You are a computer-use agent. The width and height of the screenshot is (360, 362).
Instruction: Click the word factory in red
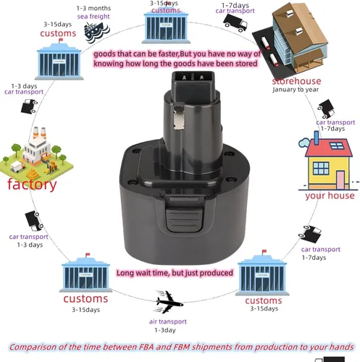[x=32, y=185]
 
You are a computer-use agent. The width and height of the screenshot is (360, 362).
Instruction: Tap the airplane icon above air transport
[x=169, y=302]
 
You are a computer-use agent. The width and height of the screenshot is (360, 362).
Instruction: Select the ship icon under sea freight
[x=96, y=32]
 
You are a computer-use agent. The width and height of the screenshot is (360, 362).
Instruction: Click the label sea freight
[x=93, y=17]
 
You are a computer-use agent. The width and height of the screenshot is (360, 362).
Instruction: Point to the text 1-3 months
[x=93, y=8]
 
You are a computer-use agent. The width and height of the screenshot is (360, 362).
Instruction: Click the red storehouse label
[x=296, y=81]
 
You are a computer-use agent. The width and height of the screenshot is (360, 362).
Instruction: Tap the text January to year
[x=296, y=90]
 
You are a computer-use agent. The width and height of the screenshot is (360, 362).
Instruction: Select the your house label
[x=330, y=195]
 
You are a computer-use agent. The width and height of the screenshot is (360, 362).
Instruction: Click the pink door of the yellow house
[x=340, y=180]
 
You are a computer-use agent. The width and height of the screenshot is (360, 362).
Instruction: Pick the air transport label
[x=168, y=321]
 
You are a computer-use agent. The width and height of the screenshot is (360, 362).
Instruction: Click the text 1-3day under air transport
[x=165, y=330]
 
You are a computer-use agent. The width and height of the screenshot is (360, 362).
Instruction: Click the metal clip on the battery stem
[x=179, y=117]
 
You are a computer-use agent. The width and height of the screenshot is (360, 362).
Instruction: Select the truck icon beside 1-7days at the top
[x=235, y=23]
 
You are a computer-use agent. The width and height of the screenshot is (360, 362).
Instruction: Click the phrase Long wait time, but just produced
[x=175, y=273]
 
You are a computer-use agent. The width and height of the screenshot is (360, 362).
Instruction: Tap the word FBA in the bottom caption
[x=146, y=347]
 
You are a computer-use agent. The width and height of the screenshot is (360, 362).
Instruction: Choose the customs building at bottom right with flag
[x=262, y=273]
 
